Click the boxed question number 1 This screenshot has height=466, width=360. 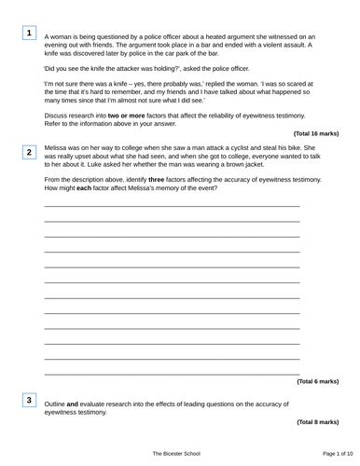click(x=30, y=34)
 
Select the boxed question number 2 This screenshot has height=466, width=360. click(x=30, y=151)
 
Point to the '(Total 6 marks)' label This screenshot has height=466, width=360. click(x=317, y=381)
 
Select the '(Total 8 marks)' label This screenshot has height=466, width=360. click(x=317, y=422)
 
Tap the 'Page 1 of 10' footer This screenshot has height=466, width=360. click(x=319, y=452)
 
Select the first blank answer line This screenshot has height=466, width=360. click(x=172, y=206)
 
